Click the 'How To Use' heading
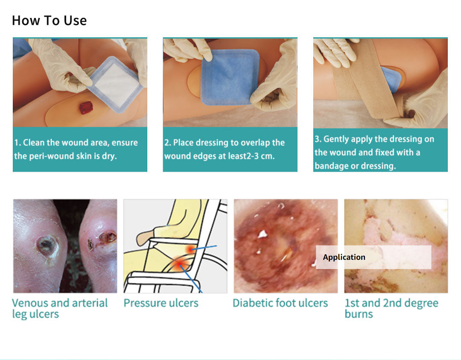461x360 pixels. [x=50, y=20]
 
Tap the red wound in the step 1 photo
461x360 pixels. [x=86, y=108]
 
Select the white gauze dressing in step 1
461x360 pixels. [x=115, y=84]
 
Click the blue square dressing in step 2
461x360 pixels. [x=230, y=77]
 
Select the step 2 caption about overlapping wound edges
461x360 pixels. [x=225, y=149]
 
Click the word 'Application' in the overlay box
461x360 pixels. [x=344, y=257]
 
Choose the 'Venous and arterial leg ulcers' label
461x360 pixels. [x=60, y=308]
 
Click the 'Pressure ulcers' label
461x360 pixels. [x=161, y=303]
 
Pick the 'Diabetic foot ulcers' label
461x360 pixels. [x=280, y=303]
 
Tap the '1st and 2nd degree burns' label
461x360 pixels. [x=391, y=308]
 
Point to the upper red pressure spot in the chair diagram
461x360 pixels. [x=191, y=249]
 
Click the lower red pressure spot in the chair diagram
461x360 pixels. [x=178, y=264]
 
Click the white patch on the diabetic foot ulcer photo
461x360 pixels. [x=262, y=234]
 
